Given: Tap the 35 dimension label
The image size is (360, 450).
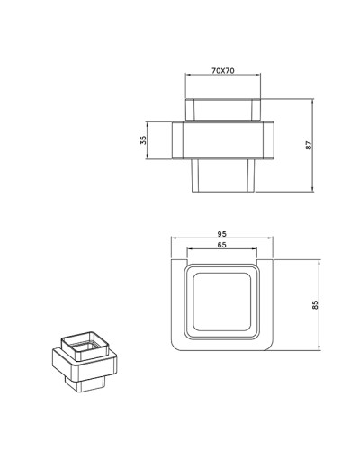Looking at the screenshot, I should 142,140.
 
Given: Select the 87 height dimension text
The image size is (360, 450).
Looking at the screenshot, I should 308,145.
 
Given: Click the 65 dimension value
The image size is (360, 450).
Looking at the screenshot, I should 221,245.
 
